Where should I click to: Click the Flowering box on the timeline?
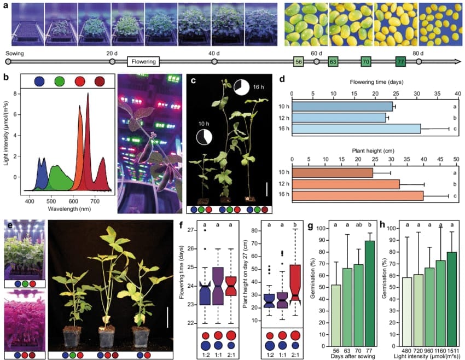click(143, 62)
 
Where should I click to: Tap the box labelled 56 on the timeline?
click(299, 62)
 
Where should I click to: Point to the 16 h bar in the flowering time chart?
click(356, 129)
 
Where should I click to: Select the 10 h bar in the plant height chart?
click(333, 173)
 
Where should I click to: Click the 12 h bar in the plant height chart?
click(346, 184)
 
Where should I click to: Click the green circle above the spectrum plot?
click(60, 82)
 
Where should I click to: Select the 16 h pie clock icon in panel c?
click(241, 87)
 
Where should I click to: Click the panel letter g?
click(311, 224)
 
